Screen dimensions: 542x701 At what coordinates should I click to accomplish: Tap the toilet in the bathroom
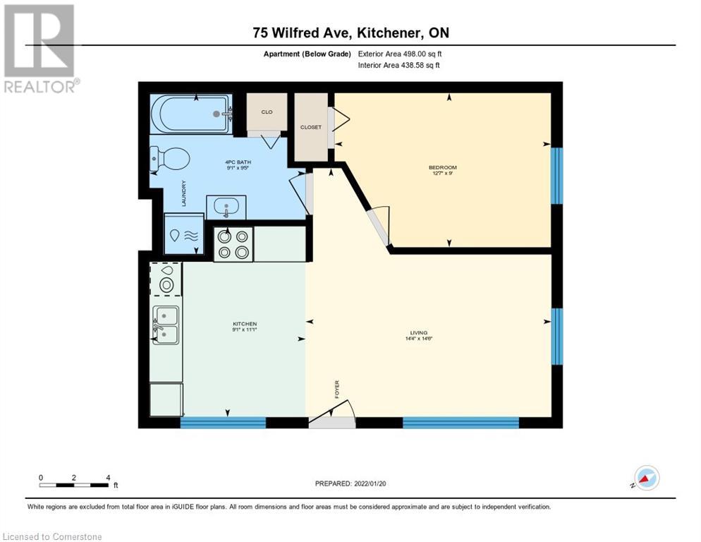pos(170,159)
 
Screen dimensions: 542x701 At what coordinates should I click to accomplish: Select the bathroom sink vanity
pos(226,207)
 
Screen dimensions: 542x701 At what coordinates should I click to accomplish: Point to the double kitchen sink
pos(166,325)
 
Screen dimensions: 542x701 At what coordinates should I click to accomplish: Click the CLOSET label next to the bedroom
pos(310,128)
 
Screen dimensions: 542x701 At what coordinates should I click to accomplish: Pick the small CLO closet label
pos(267,112)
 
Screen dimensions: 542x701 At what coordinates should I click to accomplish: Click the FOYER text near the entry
pos(336,389)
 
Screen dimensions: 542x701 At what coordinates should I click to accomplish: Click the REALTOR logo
pos(40,49)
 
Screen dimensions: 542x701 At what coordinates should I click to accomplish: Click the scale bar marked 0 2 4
pos(74,483)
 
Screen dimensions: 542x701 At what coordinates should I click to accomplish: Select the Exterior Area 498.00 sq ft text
pos(399,54)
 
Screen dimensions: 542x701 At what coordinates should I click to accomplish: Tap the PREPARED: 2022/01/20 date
pos(350,483)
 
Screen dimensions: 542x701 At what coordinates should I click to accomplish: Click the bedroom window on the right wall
pos(556,175)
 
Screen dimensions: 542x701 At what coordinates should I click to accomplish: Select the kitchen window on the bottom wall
pos(223,423)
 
